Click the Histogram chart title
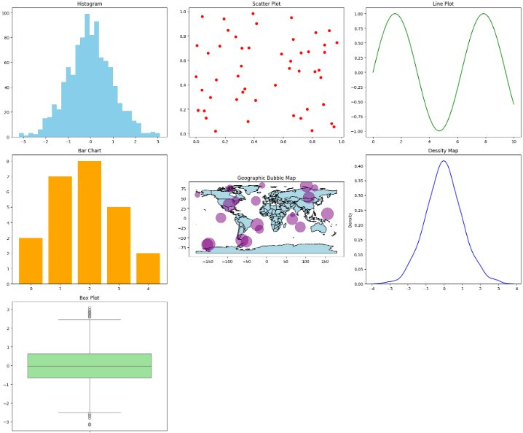pyautogui.click(x=89, y=4)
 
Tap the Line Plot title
pyautogui.click(x=444, y=4)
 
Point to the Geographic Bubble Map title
pyautogui.click(x=267, y=178)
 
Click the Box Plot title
pyautogui.click(x=89, y=297)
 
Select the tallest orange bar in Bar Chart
pyautogui.click(x=89, y=222)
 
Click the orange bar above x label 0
pyautogui.click(x=31, y=260)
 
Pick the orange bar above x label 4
pyautogui.click(x=148, y=268)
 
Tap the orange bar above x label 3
pyautogui.click(x=119, y=245)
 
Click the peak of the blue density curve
pyautogui.click(x=444, y=161)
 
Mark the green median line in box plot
pyautogui.click(x=89, y=366)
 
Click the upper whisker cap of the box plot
pyautogui.click(x=89, y=319)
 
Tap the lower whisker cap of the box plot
pyautogui.click(x=89, y=413)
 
